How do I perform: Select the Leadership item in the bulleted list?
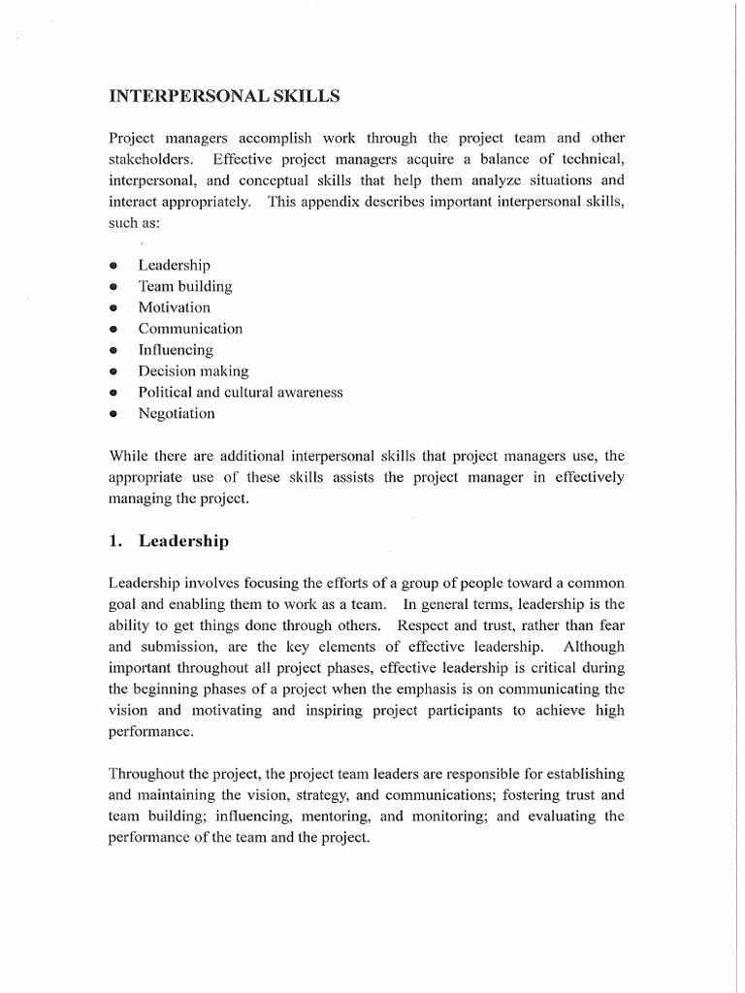tap(174, 265)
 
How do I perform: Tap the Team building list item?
tap(184, 286)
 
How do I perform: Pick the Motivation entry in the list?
tap(174, 307)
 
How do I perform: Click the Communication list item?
tap(190, 329)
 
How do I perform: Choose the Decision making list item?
tap(193, 370)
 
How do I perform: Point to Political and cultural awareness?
tap(240, 392)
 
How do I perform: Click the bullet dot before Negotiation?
tap(113, 414)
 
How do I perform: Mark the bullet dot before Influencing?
tap(113, 350)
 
